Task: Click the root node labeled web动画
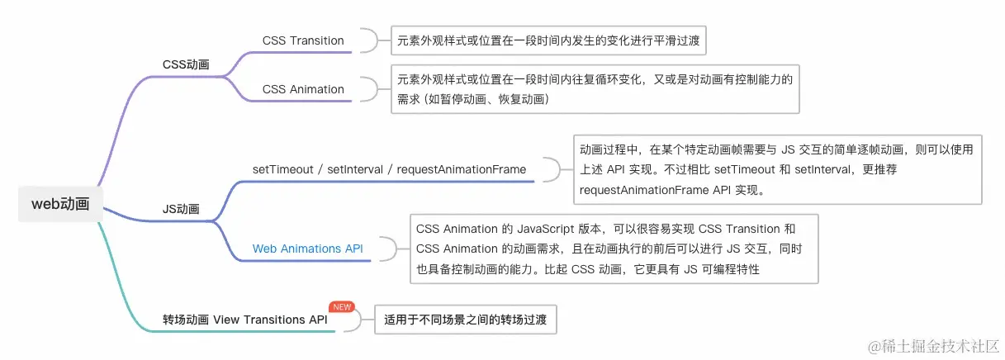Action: (60, 204)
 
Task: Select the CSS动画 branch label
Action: (185, 64)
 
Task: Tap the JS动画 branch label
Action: (181, 209)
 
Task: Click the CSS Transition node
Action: (303, 40)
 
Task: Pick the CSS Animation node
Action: (303, 89)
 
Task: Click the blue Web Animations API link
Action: (307, 248)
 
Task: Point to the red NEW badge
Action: (342, 306)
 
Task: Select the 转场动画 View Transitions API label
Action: (244, 320)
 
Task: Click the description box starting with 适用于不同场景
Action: (466, 320)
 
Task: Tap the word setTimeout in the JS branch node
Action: (285, 169)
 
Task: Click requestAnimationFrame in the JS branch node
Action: (461, 169)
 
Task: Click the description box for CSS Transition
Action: (551, 40)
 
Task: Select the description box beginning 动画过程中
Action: (776, 169)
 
